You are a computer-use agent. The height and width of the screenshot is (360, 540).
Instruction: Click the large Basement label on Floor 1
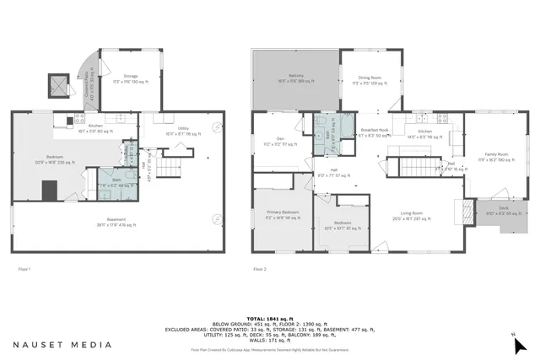[112, 223]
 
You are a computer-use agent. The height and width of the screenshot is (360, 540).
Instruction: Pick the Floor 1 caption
[24, 269]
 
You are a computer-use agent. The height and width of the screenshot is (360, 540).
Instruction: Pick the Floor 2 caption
[260, 269]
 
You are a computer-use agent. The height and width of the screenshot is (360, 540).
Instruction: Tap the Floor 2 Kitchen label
[424, 132]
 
